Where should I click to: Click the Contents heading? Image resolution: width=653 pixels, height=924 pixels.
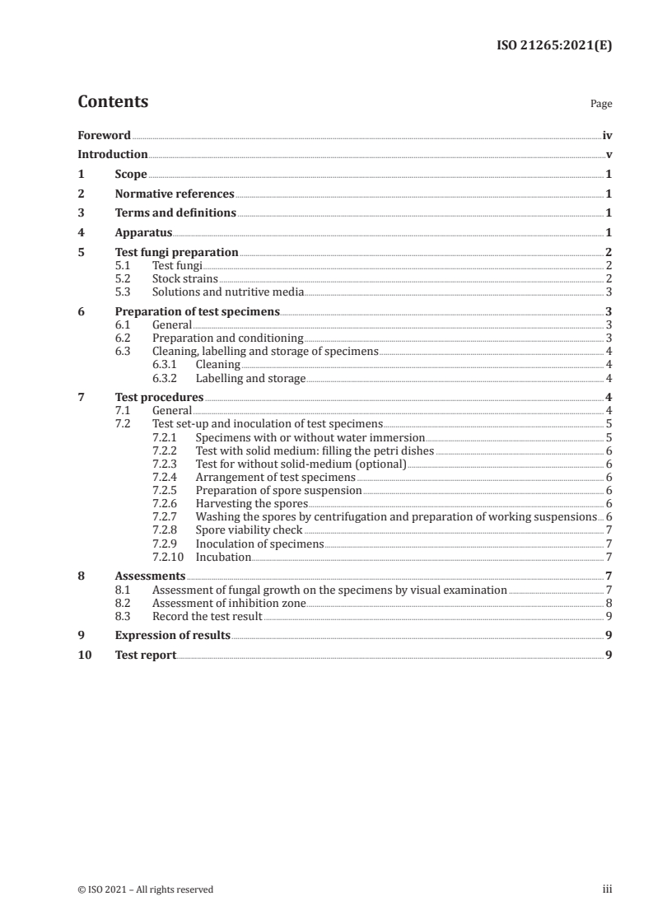(113, 102)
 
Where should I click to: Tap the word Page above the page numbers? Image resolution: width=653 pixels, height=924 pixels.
(600, 105)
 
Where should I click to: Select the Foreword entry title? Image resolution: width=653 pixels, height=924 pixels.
(104, 135)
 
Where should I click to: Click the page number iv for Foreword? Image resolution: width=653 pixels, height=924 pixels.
(607, 135)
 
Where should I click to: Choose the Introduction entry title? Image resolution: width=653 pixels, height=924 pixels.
(113, 155)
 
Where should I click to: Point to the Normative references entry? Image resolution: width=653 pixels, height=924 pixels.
(175, 194)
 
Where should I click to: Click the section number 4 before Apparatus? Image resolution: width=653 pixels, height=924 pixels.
(81, 233)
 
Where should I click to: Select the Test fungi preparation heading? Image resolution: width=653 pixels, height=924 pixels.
(176, 253)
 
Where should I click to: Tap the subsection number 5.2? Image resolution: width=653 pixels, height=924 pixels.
(123, 278)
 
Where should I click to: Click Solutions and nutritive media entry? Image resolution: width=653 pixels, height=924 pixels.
(228, 292)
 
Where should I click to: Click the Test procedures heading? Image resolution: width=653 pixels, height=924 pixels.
(159, 398)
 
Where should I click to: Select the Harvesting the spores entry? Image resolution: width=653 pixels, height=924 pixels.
(251, 503)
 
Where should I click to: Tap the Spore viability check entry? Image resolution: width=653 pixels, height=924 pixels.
(249, 530)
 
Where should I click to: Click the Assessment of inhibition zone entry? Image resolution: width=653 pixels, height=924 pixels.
(229, 603)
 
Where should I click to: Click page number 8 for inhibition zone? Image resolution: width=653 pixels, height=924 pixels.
(608, 603)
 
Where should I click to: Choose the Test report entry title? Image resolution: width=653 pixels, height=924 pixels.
(146, 656)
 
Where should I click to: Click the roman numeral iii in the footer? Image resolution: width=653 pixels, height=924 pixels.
(607, 889)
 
